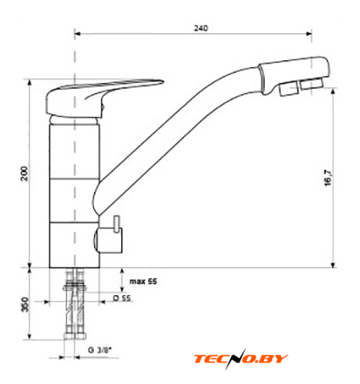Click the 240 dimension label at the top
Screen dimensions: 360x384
point(200,28)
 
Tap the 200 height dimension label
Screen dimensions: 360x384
point(25,174)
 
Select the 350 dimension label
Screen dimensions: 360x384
point(25,305)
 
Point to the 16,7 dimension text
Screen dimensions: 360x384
point(328,178)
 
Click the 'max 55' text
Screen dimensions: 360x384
point(143,281)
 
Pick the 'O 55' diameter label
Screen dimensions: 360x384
point(122,298)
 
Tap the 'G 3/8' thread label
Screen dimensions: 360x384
point(99,349)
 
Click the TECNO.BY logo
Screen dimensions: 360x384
point(241,359)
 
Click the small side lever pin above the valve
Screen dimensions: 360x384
point(117,224)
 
